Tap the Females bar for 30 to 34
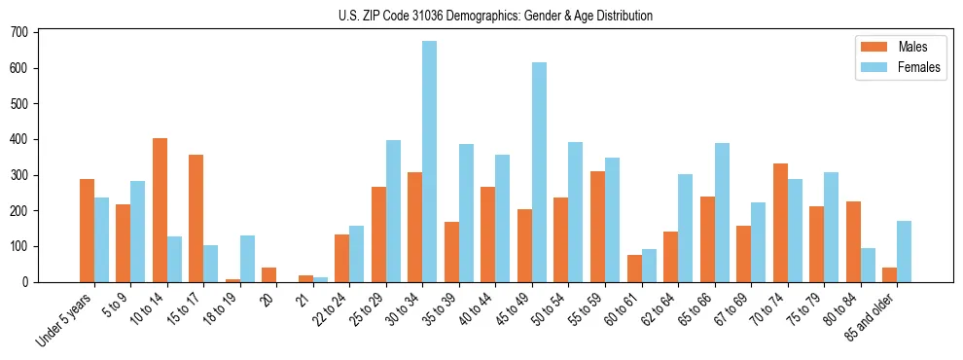pos(429,162)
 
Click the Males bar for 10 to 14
pos(160,210)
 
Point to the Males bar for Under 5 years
pos(87,231)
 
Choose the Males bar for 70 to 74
pos(780,223)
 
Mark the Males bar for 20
pos(269,274)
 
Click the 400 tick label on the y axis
pos(19,139)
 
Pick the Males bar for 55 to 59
pos(597,227)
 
